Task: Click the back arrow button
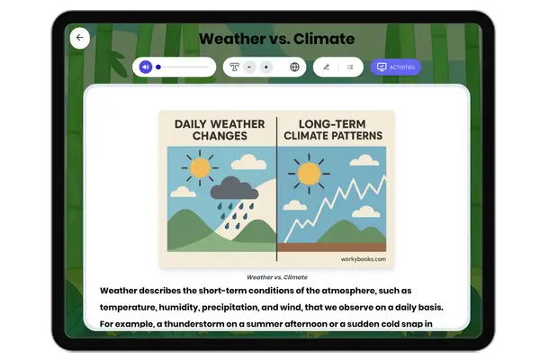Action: tap(80, 38)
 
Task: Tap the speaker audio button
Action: tap(146, 67)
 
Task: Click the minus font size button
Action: tap(249, 67)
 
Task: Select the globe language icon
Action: tap(294, 67)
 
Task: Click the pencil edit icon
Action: tap(326, 67)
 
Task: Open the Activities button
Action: tap(395, 67)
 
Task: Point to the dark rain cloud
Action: tap(232, 189)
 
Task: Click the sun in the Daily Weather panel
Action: tap(198, 168)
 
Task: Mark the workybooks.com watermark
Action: tap(363, 259)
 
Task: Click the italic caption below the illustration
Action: tap(276, 277)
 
